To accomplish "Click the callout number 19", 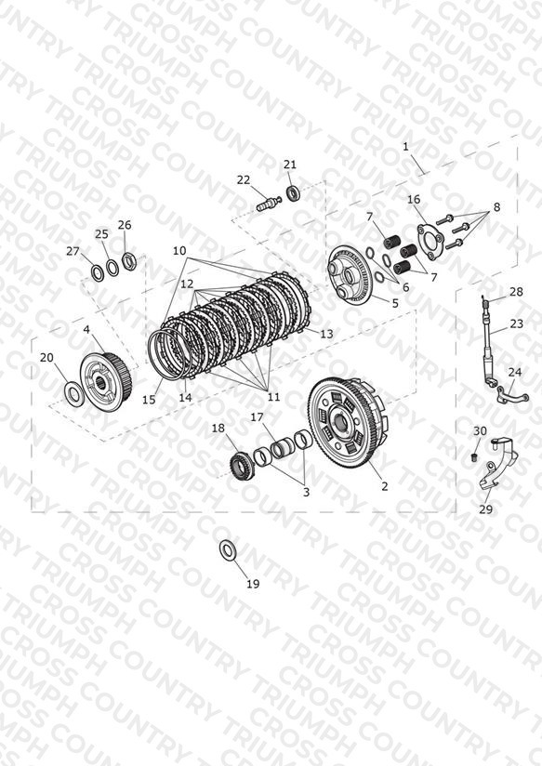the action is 253,583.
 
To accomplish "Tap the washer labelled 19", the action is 227,550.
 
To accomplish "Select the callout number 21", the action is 290,165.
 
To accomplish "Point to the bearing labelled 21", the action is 293,192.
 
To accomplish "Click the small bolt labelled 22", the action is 269,203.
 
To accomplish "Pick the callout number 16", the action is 414,199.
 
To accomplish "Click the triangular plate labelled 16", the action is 430,238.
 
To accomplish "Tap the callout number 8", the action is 496,206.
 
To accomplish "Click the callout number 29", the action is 485,509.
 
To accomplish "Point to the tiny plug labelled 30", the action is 473,457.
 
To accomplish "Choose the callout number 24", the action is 515,372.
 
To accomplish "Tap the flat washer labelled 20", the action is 74,391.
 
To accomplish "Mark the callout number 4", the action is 86,330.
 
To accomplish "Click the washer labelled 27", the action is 97,272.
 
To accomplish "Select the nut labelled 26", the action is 128,260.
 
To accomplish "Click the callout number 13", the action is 326,334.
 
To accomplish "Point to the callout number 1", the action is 405,147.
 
